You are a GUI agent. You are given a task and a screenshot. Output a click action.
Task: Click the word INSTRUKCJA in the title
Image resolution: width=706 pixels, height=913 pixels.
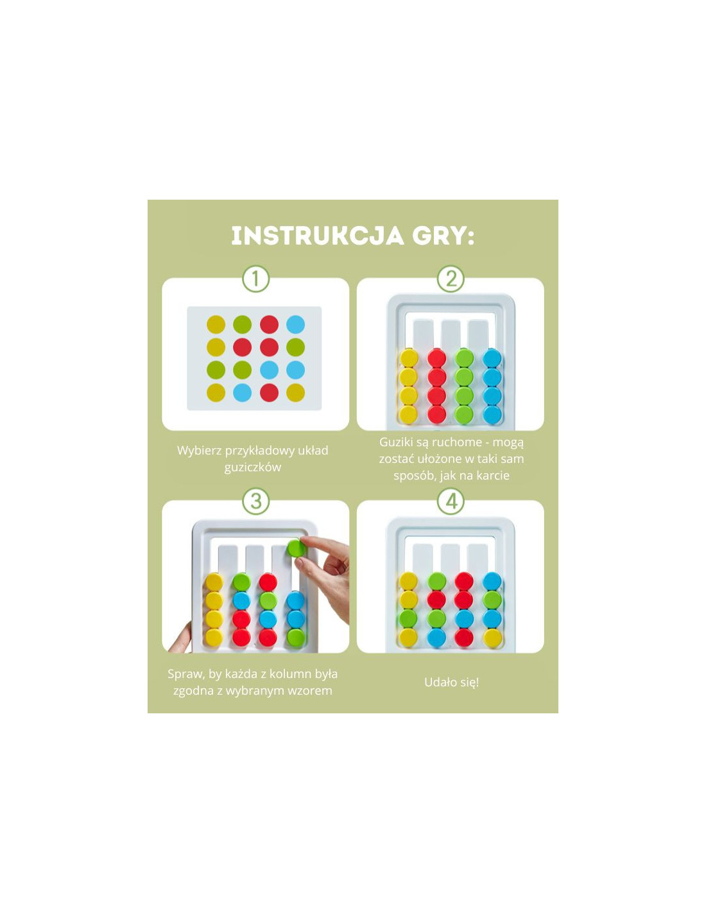click(x=318, y=236)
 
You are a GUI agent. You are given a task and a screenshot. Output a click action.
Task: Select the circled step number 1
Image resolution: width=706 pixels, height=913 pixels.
click(x=256, y=279)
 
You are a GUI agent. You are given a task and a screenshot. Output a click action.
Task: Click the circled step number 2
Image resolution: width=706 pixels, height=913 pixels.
click(x=451, y=279)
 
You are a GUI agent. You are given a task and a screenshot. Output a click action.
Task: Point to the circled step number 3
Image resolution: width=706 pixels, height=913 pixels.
click(x=256, y=501)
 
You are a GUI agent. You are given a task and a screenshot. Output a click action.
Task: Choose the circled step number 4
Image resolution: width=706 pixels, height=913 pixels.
click(x=451, y=501)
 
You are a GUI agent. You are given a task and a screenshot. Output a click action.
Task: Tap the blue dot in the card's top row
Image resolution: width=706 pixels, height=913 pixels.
click(x=295, y=324)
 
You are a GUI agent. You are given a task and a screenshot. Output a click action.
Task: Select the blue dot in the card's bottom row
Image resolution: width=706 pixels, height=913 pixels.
click(x=242, y=392)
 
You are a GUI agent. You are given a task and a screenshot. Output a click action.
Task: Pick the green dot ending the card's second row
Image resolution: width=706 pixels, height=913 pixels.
click(x=295, y=347)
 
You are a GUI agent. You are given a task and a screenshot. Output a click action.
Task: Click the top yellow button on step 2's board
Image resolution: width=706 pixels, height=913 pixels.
click(x=409, y=358)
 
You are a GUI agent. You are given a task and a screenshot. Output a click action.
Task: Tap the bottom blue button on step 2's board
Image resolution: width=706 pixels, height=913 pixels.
click(x=492, y=414)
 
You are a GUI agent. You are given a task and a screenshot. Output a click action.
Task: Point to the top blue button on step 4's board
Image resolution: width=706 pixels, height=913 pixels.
click(x=492, y=581)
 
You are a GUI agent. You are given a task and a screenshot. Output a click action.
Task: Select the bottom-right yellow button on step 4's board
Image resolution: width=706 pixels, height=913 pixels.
click(x=492, y=638)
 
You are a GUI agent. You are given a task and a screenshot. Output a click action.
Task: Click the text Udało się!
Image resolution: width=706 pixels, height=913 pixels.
click(x=451, y=683)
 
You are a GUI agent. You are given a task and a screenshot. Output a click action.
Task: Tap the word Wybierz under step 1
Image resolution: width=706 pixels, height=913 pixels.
click(x=199, y=451)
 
